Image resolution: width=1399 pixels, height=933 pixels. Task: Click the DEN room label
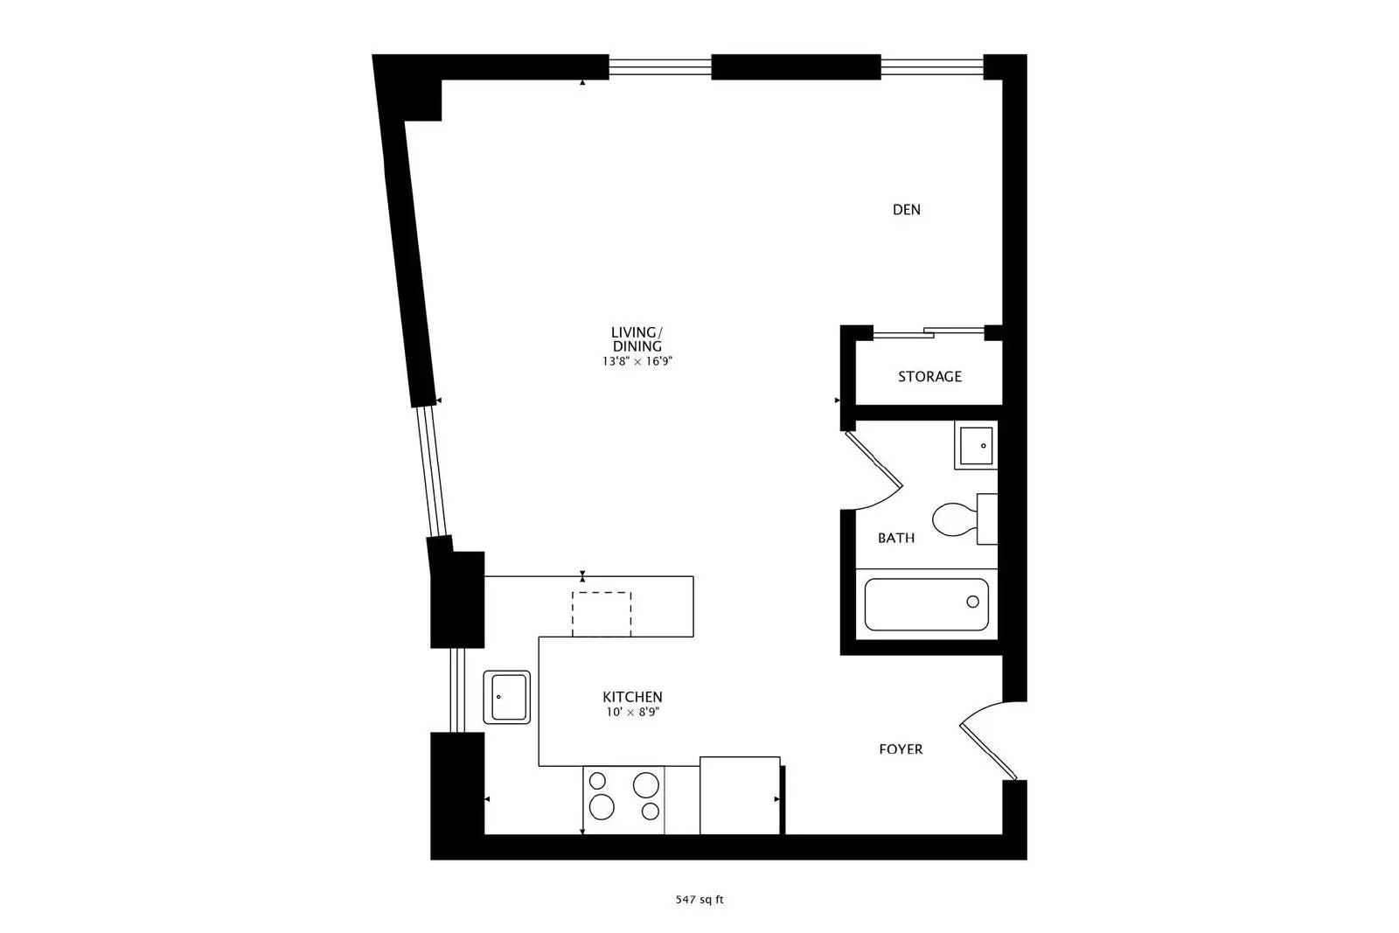(x=906, y=210)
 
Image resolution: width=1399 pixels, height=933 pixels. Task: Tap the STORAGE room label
(x=929, y=377)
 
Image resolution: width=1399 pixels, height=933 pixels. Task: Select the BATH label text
(x=896, y=538)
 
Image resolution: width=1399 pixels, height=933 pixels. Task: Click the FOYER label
(x=901, y=749)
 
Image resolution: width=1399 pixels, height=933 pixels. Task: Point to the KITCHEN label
(x=632, y=697)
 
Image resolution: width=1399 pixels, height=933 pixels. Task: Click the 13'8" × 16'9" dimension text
(x=636, y=361)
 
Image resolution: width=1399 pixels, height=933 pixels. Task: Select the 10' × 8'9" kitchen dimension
(x=632, y=713)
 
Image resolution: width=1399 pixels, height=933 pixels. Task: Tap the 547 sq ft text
(x=699, y=899)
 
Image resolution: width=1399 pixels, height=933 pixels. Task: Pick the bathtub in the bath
(x=926, y=604)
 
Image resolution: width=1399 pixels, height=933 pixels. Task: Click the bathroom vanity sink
(x=974, y=446)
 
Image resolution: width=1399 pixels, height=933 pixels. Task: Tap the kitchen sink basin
(x=507, y=697)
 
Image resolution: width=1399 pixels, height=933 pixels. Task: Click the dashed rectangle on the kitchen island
(x=602, y=613)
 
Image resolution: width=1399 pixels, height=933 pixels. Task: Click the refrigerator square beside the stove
(x=739, y=795)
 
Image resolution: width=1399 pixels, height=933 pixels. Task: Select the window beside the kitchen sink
(x=456, y=690)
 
